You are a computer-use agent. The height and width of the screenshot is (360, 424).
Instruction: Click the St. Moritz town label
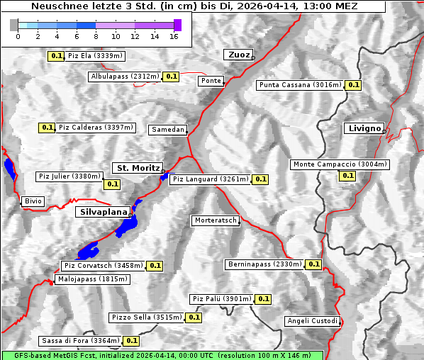[x=137, y=168]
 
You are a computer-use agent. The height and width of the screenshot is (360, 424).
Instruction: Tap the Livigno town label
[x=363, y=128]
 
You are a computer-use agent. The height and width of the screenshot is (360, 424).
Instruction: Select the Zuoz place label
[x=237, y=55]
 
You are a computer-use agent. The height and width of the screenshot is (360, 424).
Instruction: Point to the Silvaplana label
[x=102, y=212]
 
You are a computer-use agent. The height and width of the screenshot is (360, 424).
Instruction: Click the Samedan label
[x=167, y=130]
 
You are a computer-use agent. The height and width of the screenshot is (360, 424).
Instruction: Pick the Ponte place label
[x=211, y=81]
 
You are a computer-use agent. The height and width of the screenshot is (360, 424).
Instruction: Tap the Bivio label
[x=33, y=201]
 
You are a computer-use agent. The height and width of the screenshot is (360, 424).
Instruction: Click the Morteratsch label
[x=215, y=220]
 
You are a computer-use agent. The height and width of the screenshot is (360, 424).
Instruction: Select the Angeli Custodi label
[x=312, y=321]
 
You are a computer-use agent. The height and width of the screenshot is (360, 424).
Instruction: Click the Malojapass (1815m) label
[x=92, y=279]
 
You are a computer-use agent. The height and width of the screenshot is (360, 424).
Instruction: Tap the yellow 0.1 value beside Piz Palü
[x=263, y=299]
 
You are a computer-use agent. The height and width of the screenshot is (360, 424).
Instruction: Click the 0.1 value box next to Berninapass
[x=313, y=264]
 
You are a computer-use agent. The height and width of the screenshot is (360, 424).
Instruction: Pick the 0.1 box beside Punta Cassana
[x=353, y=85]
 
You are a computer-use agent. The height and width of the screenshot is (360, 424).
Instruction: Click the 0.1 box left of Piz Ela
[x=55, y=55]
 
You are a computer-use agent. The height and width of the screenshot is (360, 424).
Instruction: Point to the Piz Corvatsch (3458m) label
[x=103, y=266]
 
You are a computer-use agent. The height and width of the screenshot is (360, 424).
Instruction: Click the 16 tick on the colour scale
[x=173, y=35]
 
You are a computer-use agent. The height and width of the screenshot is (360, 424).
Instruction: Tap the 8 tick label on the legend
[x=96, y=35]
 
